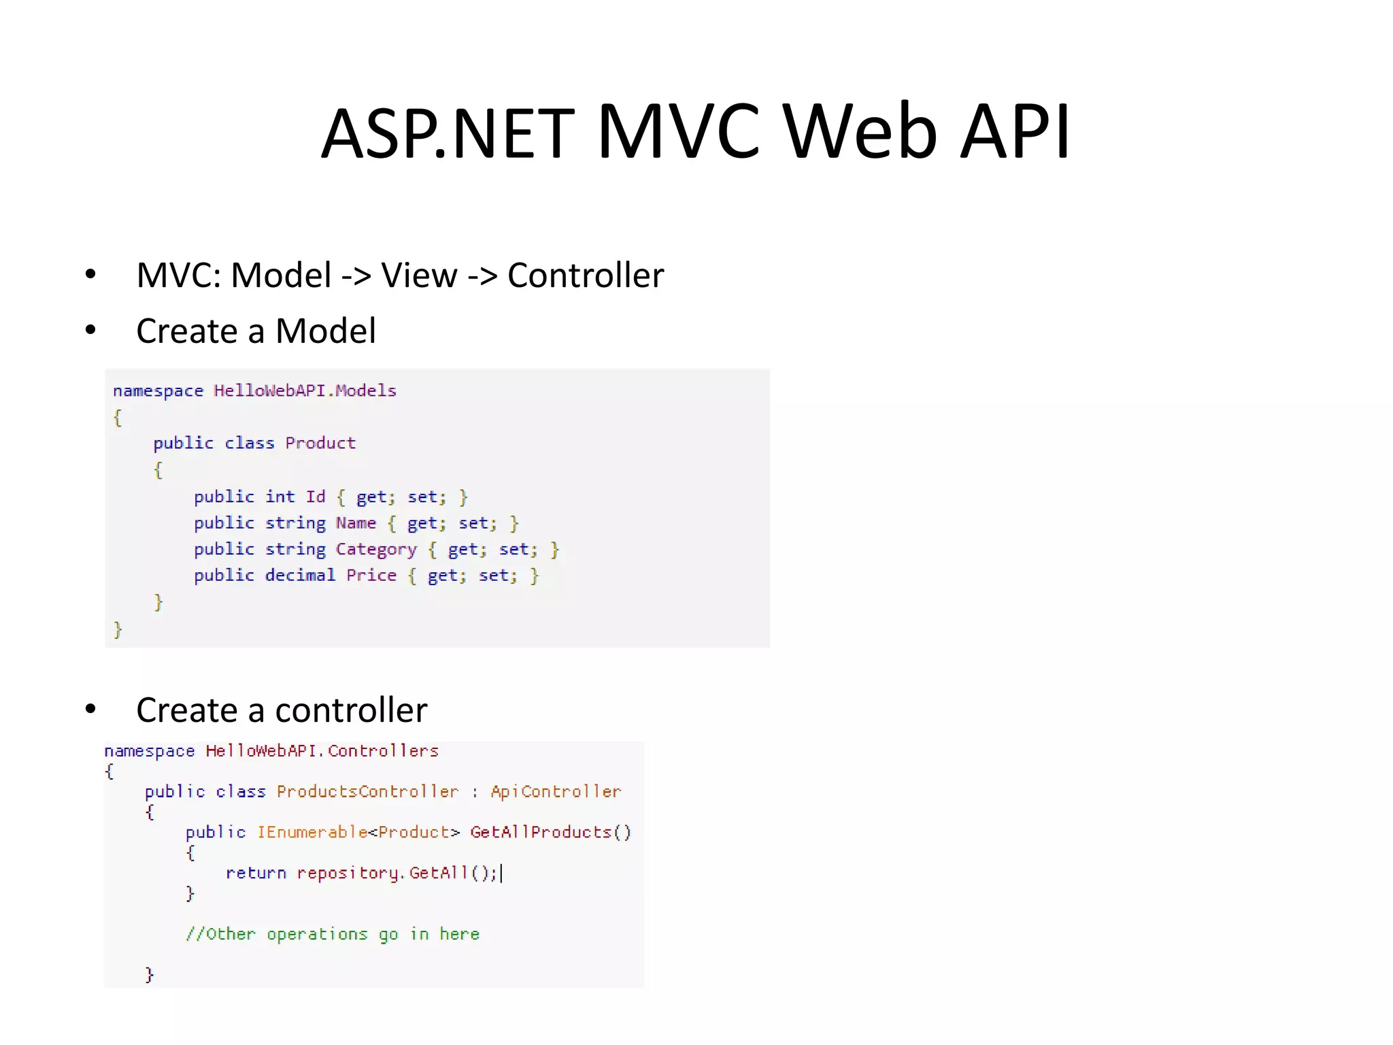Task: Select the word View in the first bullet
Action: (x=419, y=276)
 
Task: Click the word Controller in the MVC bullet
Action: (x=586, y=276)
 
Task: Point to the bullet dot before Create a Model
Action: (x=90, y=331)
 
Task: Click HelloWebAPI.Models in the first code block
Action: (x=305, y=391)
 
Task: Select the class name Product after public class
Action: (x=320, y=443)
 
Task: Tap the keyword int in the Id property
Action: (x=280, y=497)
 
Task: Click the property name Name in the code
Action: (x=356, y=522)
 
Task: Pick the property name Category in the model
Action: (x=376, y=549)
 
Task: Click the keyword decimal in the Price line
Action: (x=300, y=575)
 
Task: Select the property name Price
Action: (x=371, y=575)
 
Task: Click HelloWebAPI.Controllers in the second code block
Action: (x=322, y=750)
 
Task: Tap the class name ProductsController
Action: (x=367, y=791)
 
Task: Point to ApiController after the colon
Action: (x=556, y=791)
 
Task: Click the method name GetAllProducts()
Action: (x=550, y=832)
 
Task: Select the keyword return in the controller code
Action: (x=256, y=873)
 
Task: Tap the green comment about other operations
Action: (x=333, y=934)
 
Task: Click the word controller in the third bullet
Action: (x=351, y=710)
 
